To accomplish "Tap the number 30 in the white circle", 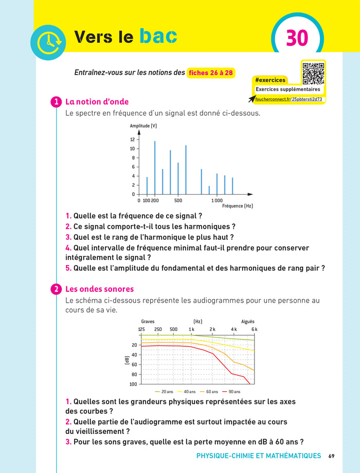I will (297, 39).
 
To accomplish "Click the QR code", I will (313, 73).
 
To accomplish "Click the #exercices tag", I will (269, 80).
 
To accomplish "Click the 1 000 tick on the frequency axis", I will (217, 200).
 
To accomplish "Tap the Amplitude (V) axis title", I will (143, 126).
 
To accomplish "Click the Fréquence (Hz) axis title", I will (237, 206).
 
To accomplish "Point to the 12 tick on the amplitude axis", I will (132, 139).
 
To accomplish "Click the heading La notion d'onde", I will (97, 102).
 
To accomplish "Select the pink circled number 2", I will (56, 289).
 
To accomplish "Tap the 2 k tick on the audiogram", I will (212, 329).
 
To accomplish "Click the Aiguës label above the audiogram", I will (248, 322).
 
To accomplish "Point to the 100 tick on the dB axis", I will (133, 384).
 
